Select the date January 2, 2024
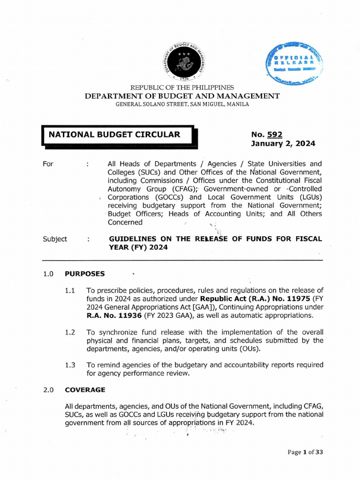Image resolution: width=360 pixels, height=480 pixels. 283,144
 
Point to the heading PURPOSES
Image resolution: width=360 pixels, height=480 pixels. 85,274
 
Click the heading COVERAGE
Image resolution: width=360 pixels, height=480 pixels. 85,390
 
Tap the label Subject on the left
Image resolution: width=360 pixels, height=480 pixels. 55,239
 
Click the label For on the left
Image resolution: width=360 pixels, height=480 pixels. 48,164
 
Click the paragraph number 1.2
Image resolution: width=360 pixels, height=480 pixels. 70,332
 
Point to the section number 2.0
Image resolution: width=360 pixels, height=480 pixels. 48,390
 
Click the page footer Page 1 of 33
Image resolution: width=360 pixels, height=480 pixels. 304,452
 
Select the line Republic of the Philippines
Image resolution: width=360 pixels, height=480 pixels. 182,88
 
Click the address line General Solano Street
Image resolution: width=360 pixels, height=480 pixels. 182,104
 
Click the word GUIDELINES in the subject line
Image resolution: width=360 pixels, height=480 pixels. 131,239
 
